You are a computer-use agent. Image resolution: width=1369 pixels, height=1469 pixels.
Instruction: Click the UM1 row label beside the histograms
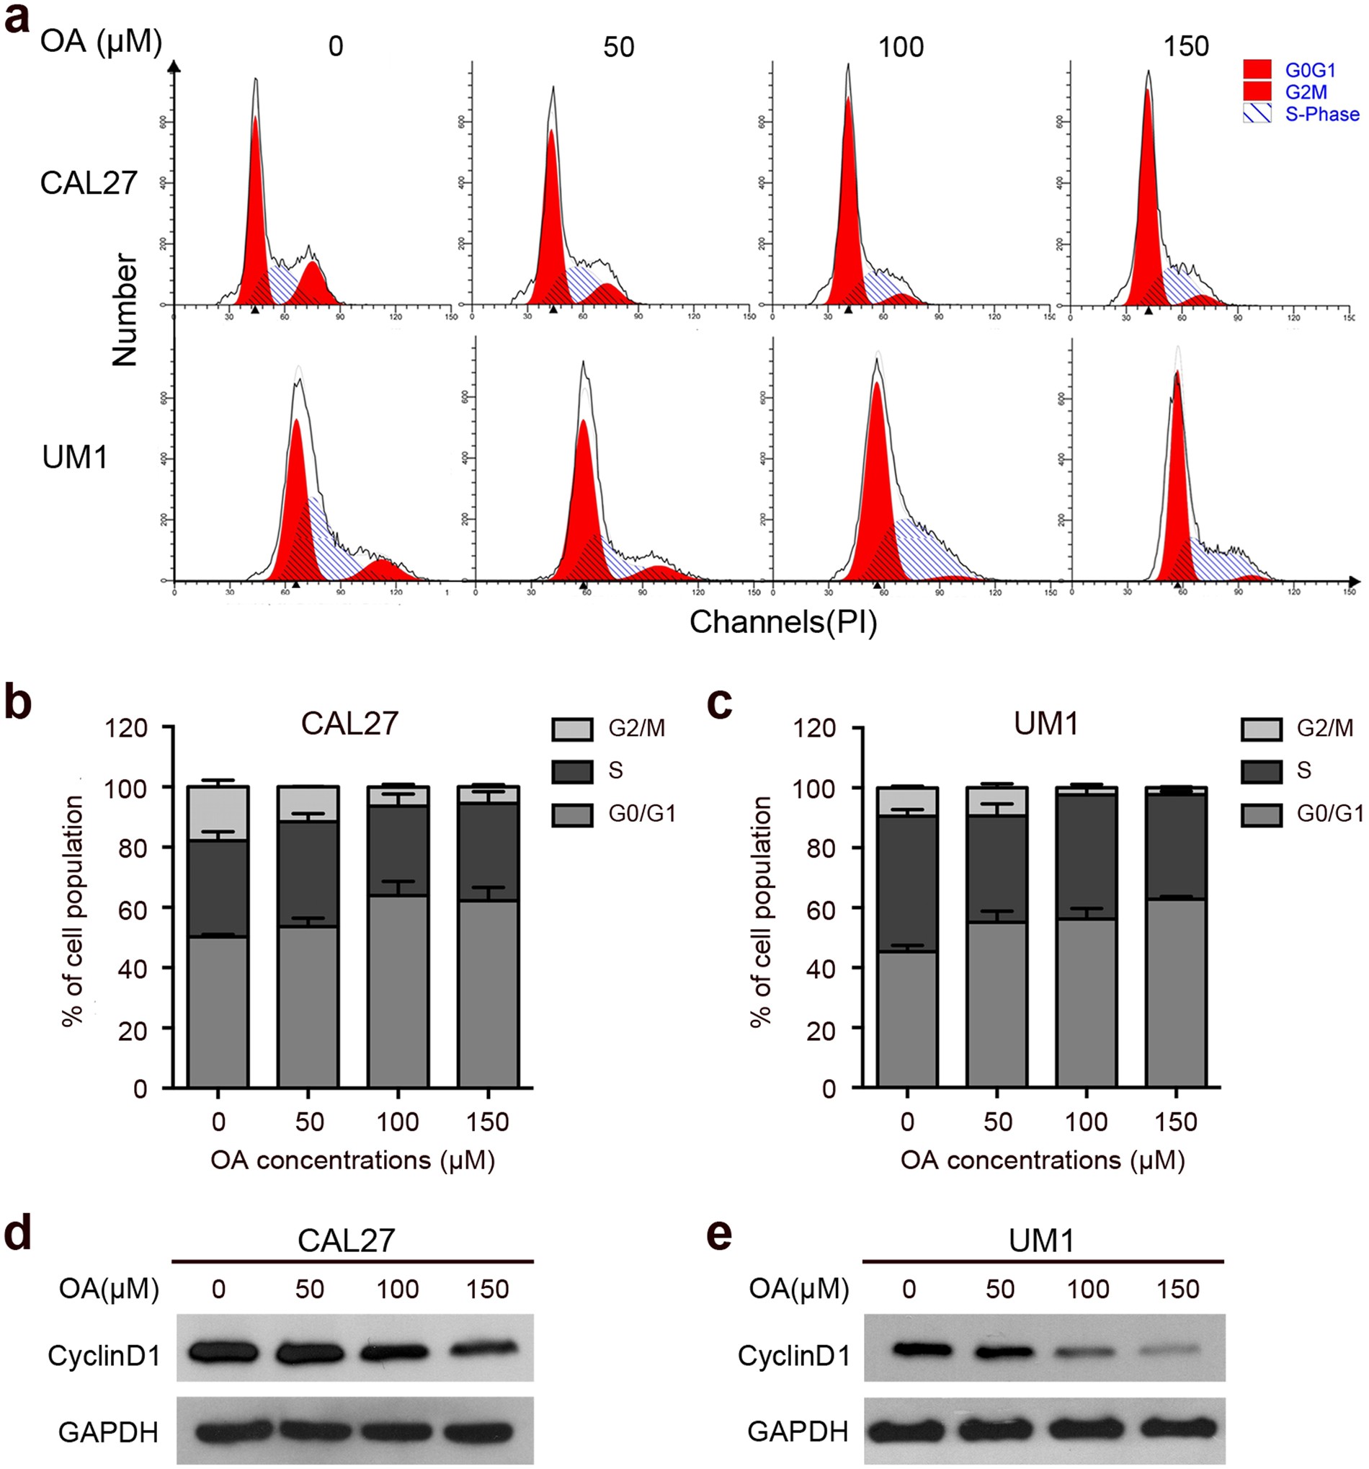[x=76, y=458]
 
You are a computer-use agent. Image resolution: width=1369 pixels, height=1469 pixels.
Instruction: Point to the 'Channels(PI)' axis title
[x=782, y=622]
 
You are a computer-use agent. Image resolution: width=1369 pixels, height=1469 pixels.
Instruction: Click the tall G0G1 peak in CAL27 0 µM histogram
[x=255, y=207]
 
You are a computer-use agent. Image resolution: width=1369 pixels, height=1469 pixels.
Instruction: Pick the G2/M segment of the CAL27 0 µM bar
[x=218, y=812]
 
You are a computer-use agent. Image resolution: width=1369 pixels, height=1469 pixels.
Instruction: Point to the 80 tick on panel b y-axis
[x=133, y=848]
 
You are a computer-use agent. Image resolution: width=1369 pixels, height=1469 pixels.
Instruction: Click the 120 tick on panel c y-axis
[x=821, y=729]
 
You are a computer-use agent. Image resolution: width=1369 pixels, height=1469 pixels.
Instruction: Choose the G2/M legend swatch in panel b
[x=572, y=729]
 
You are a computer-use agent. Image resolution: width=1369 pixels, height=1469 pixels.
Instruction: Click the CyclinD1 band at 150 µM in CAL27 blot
[x=487, y=1348]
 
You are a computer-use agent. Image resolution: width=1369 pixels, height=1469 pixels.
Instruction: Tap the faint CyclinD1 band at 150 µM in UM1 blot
[x=1176, y=1349]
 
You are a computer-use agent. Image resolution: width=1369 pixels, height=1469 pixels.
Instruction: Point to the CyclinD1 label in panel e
[x=793, y=1355]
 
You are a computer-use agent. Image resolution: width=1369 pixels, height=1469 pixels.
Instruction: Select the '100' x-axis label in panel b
[x=398, y=1122]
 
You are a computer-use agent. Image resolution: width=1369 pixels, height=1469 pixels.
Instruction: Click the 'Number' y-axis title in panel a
[x=125, y=310]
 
